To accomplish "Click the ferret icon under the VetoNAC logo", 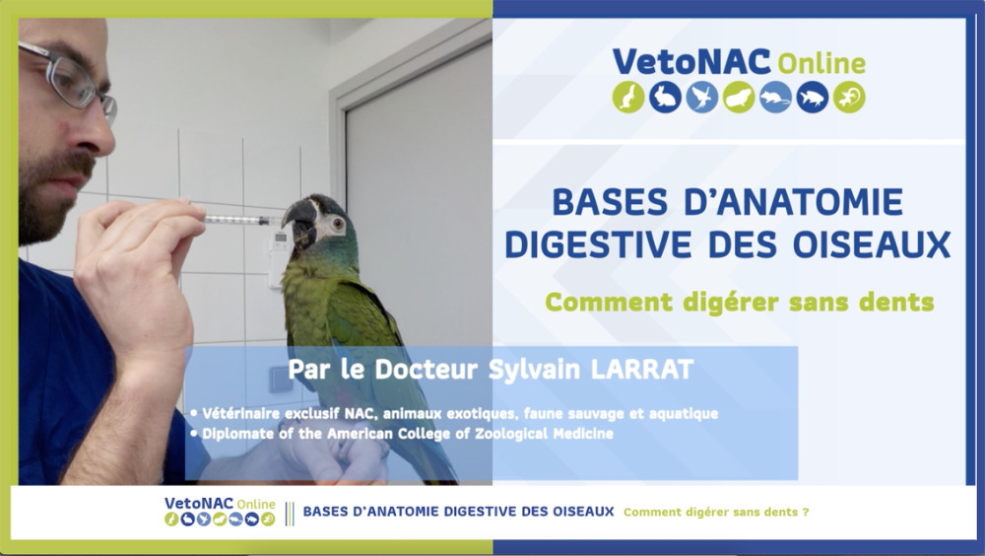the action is (628, 98).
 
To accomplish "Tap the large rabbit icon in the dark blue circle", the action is (665, 98).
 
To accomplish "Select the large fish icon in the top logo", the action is (813, 98).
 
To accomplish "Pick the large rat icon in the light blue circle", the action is (776, 98).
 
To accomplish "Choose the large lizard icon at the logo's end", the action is (849, 98).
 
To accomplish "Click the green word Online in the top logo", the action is (821, 63).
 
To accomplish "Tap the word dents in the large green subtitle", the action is (895, 302).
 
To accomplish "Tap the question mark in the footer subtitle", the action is (806, 512).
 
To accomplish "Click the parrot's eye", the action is (338, 223).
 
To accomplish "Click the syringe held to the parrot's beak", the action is (242, 220).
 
